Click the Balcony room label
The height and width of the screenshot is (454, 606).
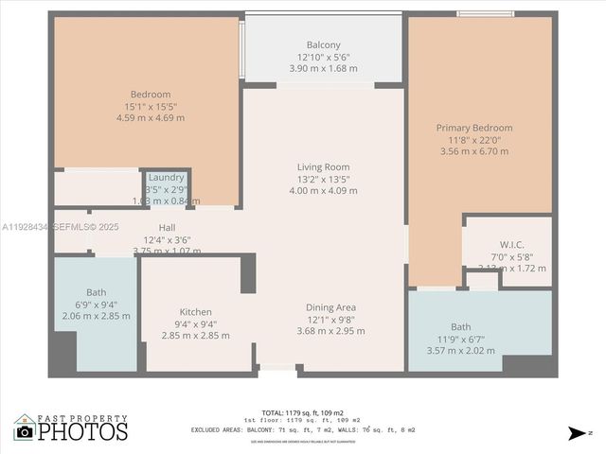coord(323,45)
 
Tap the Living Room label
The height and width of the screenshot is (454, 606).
coord(323,167)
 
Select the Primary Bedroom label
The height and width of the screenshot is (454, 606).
coord(473,128)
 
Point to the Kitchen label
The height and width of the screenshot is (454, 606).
coord(196,312)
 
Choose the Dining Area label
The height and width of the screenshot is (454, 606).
coord(330,307)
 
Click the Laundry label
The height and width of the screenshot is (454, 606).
coord(166,178)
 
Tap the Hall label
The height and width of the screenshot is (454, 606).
coord(167,228)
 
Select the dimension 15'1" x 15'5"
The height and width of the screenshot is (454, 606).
coord(151,106)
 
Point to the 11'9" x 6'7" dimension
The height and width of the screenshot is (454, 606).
coord(460,339)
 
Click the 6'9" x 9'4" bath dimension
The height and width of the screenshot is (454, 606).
coord(97,305)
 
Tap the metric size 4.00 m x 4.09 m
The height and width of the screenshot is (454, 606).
coord(323,191)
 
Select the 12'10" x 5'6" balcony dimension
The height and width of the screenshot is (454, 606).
coord(323,57)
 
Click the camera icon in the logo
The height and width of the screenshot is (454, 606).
coord(25,431)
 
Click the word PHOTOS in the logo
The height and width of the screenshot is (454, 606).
coord(83,431)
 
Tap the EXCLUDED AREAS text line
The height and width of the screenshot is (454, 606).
coord(303,428)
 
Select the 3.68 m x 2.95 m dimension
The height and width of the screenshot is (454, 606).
coord(330,331)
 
